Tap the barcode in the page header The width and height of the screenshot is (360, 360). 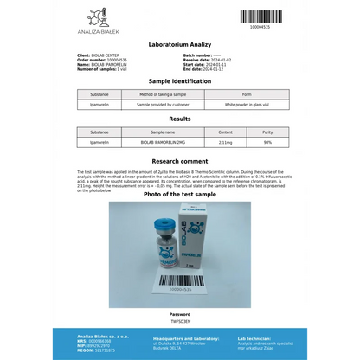260,16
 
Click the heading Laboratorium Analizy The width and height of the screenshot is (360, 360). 179,42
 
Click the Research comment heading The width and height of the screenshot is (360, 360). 179,161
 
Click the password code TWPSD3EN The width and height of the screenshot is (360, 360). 179,319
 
